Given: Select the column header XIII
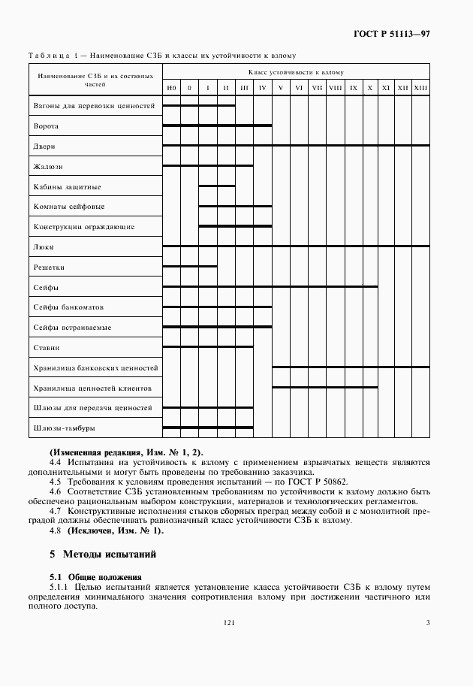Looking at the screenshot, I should tap(420, 89).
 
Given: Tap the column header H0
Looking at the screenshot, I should tap(171, 89).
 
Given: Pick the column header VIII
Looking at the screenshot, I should tap(336, 89).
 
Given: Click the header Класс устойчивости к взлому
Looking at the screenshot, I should tap(296, 73).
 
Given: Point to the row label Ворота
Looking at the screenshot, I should tap(47, 125).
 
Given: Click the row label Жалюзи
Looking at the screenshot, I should tap(48, 166).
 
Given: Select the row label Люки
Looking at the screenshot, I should tap(44, 246).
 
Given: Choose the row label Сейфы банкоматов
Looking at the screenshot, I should tap(68, 307).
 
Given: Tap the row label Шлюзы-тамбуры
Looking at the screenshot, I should tap(64, 428).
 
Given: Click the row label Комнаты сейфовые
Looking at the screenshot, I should tap(69, 207).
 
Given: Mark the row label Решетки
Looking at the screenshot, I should tap(49, 267).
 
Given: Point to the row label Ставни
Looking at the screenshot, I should tap(47, 348).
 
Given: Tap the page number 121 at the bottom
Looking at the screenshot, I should tap(229, 622).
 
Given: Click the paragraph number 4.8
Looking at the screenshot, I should tap(56, 530).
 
